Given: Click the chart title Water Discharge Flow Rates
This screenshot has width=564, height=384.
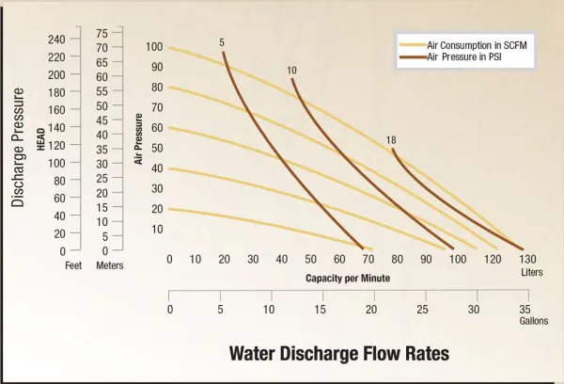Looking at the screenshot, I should pos(339,353).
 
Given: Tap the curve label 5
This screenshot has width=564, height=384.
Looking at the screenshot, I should pos(222,42).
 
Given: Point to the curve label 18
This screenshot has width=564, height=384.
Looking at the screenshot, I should pos(391,140).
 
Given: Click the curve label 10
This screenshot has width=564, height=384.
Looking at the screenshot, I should pos(292,71).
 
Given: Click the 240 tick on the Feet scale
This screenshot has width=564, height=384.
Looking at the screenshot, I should pos(56,39).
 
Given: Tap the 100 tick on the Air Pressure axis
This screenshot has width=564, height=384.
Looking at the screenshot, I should pos(155,47).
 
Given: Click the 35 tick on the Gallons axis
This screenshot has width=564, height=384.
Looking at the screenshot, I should pos(525,309).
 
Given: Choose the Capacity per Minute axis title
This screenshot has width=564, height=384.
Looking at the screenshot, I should pos(347,279).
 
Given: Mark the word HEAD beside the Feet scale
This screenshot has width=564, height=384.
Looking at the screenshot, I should pos(40,139).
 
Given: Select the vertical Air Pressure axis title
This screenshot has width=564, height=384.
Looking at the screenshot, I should pos(138,139).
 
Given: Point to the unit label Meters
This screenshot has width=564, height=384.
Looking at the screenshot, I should pos(110,265).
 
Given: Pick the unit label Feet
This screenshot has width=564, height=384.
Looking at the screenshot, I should pos(73,265).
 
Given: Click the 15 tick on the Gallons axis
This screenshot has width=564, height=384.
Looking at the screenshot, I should pos(320,309).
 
